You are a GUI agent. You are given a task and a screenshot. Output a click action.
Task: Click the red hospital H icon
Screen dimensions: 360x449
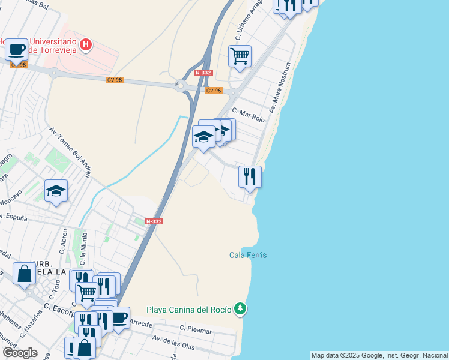point(86,44)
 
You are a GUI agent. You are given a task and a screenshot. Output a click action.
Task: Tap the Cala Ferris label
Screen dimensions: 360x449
point(248,255)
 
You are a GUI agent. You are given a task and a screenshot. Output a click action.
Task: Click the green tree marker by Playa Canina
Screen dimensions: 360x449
point(240,309)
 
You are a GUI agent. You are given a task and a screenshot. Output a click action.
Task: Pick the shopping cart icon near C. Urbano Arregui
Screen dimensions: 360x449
point(240,56)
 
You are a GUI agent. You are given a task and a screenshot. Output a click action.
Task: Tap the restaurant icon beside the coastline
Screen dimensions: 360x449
point(250,177)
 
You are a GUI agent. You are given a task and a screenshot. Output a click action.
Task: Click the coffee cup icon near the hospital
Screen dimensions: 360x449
point(17,49)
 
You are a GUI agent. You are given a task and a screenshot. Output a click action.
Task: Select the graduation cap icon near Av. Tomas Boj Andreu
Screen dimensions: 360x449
point(56,191)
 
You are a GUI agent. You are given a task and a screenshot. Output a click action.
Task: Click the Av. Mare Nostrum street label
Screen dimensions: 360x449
point(280,88)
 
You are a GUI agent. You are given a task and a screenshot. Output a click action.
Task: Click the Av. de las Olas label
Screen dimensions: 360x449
point(173,344)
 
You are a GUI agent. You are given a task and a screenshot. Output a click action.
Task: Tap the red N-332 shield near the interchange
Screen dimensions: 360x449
point(202,73)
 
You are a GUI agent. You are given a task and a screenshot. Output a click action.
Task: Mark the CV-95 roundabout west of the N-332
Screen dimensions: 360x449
point(181,85)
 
